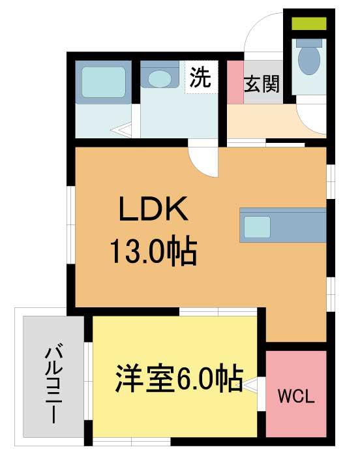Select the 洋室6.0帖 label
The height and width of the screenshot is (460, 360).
[x=179, y=378]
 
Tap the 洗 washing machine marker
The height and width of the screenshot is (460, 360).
[x=200, y=79]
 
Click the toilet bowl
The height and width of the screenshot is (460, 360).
[x=307, y=59]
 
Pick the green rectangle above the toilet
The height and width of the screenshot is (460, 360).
[x=308, y=24]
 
